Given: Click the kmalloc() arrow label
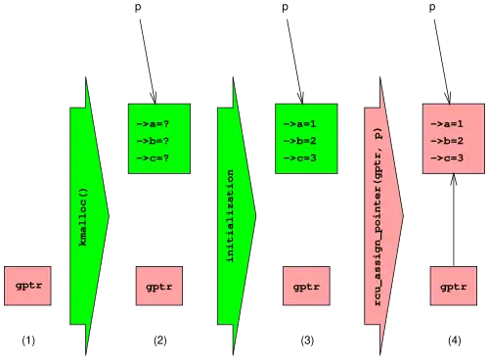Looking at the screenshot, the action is click(83, 217).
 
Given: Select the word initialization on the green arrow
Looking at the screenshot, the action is click(231, 215).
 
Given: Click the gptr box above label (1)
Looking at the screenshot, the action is click(27, 286).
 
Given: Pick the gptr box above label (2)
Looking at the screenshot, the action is click(159, 286).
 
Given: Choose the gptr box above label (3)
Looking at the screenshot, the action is click(306, 286).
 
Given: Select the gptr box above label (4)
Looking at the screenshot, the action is click(454, 286).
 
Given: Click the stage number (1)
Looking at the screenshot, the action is click(28, 340).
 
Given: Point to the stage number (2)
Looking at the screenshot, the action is click(160, 340).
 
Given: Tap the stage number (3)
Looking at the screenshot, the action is click(307, 340).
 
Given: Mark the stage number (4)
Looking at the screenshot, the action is click(455, 340).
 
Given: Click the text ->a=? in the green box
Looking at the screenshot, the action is click(153, 124).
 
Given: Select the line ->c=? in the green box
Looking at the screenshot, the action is click(153, 158).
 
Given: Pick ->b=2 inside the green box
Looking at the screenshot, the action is click(300, 141).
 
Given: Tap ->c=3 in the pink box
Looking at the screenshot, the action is click(447, 158).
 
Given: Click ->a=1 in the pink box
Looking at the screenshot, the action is click(447, 124).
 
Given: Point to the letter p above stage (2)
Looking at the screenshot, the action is click(138, 7).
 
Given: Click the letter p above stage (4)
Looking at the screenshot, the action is click(432, 7).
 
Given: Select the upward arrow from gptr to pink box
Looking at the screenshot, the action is click(454, 220).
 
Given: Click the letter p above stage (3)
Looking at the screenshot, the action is click(286, 7).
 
